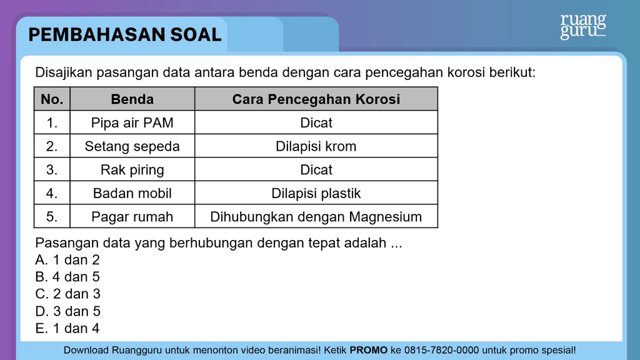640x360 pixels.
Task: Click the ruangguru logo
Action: (x=583, y=26)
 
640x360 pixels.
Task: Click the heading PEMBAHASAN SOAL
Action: (x=125, y=35)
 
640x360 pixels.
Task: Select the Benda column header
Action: (x=132, y=99)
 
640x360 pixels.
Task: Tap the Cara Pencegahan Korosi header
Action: (x=316, y=99)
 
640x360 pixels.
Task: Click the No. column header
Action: (x=52, y=99)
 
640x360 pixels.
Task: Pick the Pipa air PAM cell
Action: (x=132, y=122)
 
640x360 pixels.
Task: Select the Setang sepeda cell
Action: (x=132, y=146)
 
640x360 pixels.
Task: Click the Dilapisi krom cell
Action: (x=316, y=146)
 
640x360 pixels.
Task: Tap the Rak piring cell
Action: (x=132, y=169)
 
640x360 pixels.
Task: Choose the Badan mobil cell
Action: (x=132, y=193)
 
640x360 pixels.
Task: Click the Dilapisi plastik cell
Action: (x=316, y=193)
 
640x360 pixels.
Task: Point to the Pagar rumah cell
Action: (x=132, y=216)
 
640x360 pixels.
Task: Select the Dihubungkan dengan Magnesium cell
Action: (x=316, y=216)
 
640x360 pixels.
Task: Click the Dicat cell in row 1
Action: (x=316, y=122)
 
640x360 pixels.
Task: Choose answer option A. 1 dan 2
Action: (x=67, y=259)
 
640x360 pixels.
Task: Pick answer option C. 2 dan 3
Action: (x=67, y=294)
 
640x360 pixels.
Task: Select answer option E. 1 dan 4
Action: (x=67, y=328)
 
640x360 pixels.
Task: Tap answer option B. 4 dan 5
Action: (x=67, y=277)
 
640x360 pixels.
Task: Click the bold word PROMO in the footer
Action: (x=368, y=350)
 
